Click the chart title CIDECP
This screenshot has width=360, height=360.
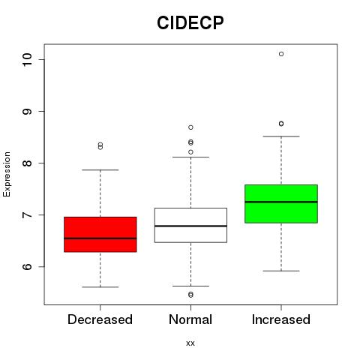click(x=190, y=22)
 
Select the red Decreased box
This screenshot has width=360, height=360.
click(x=100, y=234)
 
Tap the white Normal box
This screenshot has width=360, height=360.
click(x=190, y=225)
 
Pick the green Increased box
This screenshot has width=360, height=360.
click(x=281, y=204)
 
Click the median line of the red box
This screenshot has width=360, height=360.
click(x=100, y=238)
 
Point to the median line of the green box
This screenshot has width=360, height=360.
click(x=281, y=202)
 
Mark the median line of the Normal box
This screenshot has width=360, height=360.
click(x=190, y=226)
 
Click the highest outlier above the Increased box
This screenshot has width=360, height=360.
click(x=281, y=54)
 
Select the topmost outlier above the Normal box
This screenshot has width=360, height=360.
click(x=190, y=127)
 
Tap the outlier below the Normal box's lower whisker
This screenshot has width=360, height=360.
click(x=190, y=295)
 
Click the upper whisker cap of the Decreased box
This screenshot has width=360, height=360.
click(x=100, y=170)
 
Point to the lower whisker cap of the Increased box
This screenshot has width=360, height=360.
click(x=281, y=271)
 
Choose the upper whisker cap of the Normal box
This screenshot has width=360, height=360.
click(x=190, y=157)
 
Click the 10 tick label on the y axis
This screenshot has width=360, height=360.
click(x=28, y=60)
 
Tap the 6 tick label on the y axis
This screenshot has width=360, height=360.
click(x=28, y=266)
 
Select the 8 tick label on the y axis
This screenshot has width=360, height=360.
click(x=28, y=163)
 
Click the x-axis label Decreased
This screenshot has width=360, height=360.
click(x=100, y=319)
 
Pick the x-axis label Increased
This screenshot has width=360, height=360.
click(x=281, y=319)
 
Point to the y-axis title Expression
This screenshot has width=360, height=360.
click(x=7, y=174)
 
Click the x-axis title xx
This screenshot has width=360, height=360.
click(x=190, y=343)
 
